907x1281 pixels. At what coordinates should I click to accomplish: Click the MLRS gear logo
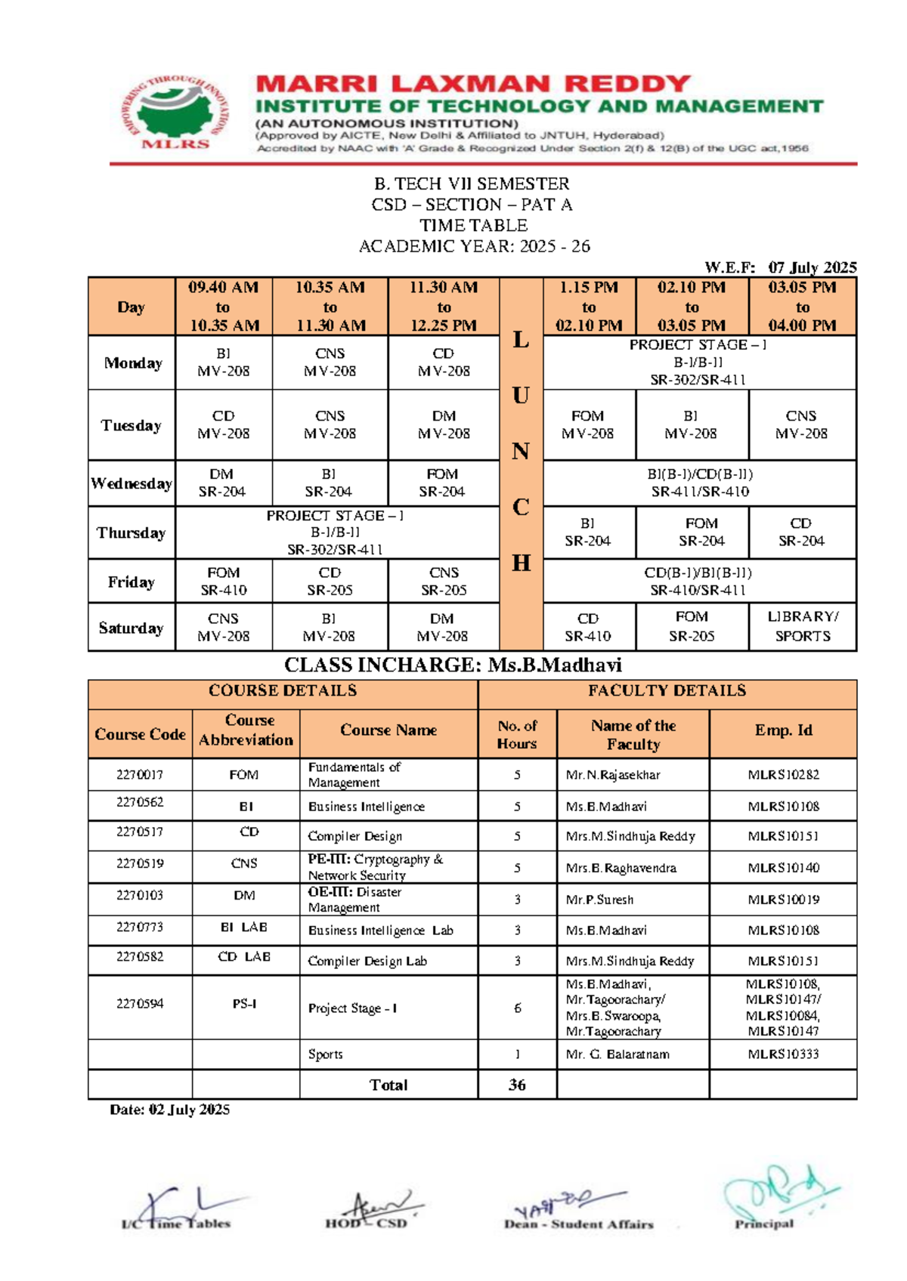click(175, 113)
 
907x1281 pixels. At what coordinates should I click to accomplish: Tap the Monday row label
click(132, 363)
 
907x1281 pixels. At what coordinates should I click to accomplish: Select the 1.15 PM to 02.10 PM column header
click(589, 307)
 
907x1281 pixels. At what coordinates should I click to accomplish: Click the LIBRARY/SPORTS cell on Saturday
click(802, 626)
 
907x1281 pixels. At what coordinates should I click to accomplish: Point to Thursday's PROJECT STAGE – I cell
click(336, 532)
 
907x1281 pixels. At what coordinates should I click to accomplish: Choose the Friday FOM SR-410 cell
click(223, 582)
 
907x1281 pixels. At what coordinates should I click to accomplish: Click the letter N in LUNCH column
click(521, 452)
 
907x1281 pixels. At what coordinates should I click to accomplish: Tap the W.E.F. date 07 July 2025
click(812, 267)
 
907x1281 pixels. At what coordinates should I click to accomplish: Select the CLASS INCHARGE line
click(453, 665)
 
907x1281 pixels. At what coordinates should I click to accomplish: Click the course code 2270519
click(140, 863)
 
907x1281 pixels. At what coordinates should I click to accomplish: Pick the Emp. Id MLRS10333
click(783, 1054)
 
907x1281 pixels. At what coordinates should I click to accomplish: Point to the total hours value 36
click(517, 1085)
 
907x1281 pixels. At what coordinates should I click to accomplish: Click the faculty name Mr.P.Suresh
click(599, 900)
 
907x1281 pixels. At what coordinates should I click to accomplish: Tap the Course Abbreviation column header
click(246, 730)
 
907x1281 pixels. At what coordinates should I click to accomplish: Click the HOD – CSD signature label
click(366, 1224)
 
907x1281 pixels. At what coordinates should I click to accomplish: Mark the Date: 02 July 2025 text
click(169, 1110)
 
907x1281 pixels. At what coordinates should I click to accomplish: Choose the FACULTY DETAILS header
click(667, 691)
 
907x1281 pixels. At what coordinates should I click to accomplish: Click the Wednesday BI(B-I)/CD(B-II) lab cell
click(700, 483)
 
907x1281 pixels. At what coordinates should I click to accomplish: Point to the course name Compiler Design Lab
click(367, 962)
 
